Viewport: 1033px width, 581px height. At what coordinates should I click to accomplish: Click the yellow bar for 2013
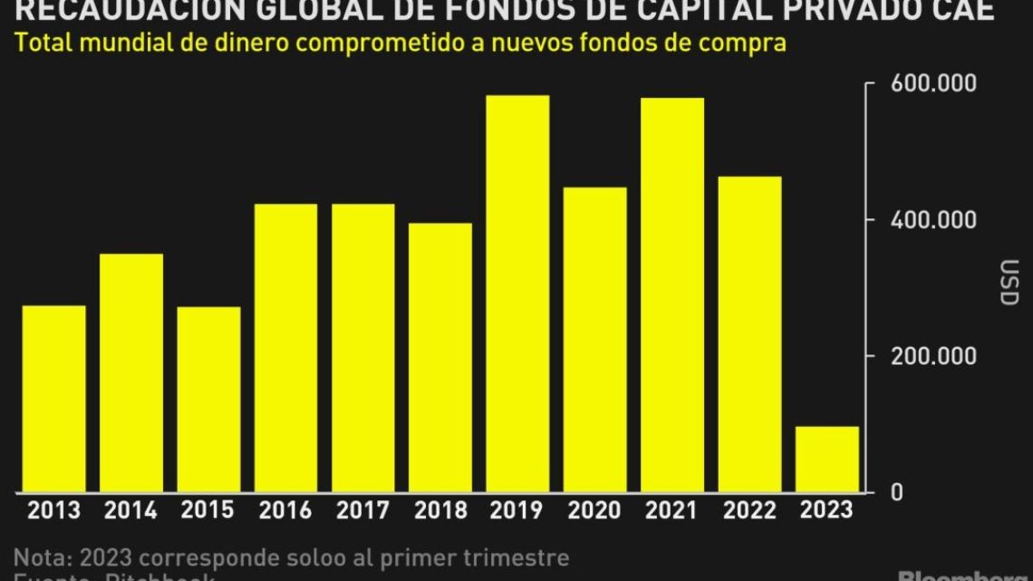pos(54,399)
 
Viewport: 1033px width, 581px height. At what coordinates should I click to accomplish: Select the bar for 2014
pos(131,373)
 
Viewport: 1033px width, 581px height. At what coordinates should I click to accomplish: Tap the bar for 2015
pos(208,400)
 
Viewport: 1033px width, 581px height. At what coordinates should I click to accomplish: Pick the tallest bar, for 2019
pos(517,294)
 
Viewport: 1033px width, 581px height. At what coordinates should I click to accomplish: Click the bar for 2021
pos(672,295)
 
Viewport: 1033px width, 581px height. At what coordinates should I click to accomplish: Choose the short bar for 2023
pos(826,459)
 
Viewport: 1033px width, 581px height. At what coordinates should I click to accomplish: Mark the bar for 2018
pos(440,357)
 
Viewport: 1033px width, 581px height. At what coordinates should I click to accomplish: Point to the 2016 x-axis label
pos(285,511)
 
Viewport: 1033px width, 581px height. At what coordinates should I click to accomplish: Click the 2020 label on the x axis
pos(594,511)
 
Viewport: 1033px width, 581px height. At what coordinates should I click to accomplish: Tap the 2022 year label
pos(749,511)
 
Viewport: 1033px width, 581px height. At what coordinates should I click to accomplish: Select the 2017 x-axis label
pos(362,511)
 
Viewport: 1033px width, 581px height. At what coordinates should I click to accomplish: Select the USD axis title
pos(1009,283)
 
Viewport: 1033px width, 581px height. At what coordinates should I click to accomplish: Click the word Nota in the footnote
pos(40,557)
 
